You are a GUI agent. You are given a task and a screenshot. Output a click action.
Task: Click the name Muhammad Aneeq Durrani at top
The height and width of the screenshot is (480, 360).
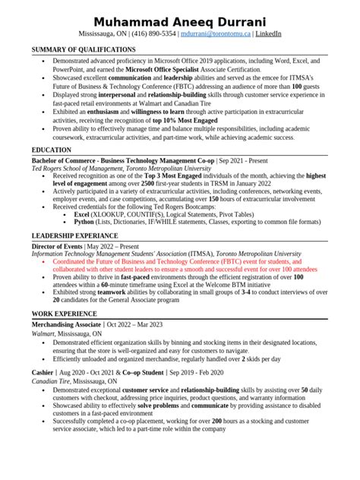[x=180, y=19]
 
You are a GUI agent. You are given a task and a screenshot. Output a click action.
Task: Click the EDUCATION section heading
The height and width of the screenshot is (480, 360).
[x=52, y=150]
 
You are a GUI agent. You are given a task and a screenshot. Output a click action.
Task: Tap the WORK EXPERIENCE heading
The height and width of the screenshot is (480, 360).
[x=64, y=313]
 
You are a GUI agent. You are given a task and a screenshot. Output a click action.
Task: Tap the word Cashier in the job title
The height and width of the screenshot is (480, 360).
[x=43, y=373]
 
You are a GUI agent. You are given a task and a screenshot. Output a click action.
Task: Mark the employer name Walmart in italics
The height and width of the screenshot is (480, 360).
[x=43, y=333]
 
